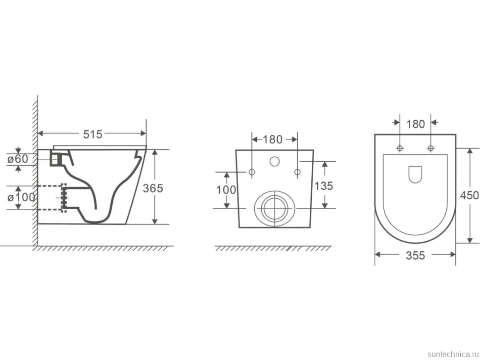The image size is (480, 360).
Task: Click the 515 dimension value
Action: (x=93, y=134)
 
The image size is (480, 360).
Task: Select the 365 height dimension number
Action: (x=153, y=188)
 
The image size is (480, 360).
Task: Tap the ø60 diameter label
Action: (x=18, y=159)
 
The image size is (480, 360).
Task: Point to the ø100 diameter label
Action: (x=21, y=198)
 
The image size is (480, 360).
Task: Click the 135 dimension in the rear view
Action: (x=324, y=186)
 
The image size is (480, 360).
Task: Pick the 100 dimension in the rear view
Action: (x=226, y=190)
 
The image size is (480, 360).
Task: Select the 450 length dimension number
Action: (x=470, y=195)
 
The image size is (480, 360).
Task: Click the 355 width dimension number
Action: (x=415, y=255)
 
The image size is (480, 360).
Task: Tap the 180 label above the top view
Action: (x=415, y=124)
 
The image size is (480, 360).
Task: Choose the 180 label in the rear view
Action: (x=273, y=139)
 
